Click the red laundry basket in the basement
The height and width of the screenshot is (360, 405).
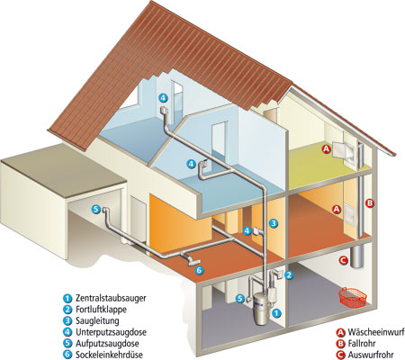[x=353, y=297]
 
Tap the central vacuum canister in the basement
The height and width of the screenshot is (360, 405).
[x=260, y=310]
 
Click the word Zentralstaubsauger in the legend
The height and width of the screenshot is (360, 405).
[x=111, y=298]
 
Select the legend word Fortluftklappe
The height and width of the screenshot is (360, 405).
[x=101, y=310]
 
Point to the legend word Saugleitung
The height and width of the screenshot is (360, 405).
[x=97, y=320]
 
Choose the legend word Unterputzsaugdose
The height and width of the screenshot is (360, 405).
[x=111, y=332]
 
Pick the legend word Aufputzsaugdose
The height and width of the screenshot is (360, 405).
[x=107, y=343]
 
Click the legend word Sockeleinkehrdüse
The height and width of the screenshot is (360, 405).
[x=109, y=355]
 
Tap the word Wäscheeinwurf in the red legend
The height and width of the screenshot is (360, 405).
[x=376, y=332]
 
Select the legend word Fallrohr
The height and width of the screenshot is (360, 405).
[x=362, y=343]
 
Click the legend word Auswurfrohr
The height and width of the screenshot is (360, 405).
[x=371, y=355]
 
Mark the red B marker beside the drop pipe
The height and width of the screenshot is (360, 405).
[x=370, y=203]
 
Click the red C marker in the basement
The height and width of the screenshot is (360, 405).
[x=343, y=260]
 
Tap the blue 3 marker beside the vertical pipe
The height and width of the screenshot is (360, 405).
[x=274, y=223]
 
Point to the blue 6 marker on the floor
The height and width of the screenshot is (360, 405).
[x=199, y=270]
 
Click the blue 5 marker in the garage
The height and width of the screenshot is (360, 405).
[x=95, y=210]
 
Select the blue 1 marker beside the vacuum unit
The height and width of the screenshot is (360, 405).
[x=276, y=313]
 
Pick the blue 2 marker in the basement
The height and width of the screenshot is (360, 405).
[x=289, y=274]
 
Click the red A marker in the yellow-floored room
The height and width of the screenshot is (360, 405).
[x=326, y=148]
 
